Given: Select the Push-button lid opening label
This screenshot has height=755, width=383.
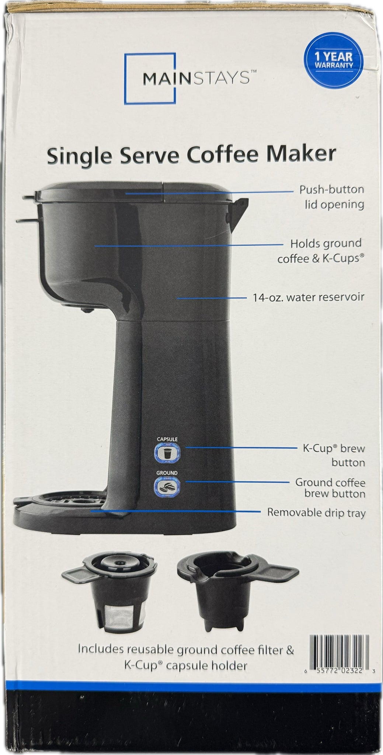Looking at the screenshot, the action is [x=331, y=197].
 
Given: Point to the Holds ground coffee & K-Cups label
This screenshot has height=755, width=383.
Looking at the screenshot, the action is [x=320, y=250].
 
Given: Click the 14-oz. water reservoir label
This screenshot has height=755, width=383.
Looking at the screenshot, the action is [x=308, y=297].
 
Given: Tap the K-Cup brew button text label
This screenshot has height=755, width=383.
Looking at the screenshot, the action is [x=334, y=455].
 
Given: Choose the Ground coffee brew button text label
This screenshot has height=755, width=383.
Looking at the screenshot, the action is [x=331, y=488].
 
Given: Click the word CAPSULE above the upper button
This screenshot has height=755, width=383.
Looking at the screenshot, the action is [x=167, y=439].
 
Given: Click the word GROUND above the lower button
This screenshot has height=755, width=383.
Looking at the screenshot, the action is [x=167, y=473].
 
